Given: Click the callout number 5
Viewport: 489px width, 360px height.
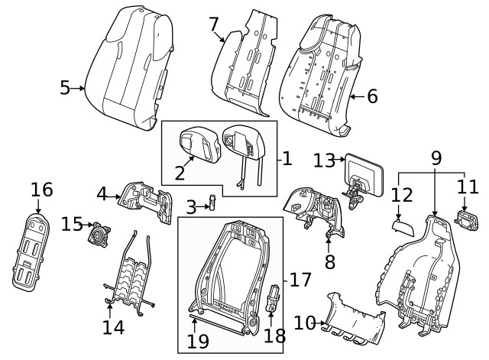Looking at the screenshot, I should (x=65, y=88).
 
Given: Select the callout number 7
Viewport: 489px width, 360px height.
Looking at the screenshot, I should (x=215, y=25).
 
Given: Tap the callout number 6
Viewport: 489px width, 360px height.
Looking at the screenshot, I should (x=372, y=96).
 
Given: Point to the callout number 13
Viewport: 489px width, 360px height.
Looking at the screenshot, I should (x=325, y=160).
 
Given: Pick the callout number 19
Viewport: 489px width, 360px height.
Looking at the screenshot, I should (x=198, y=341).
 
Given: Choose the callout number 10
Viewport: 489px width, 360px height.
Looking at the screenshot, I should (x=306, y=323).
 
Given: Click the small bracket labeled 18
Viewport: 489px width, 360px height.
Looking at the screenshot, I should (x=272, y=297).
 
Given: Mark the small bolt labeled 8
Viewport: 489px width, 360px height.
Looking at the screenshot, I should (x=329, y=237).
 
